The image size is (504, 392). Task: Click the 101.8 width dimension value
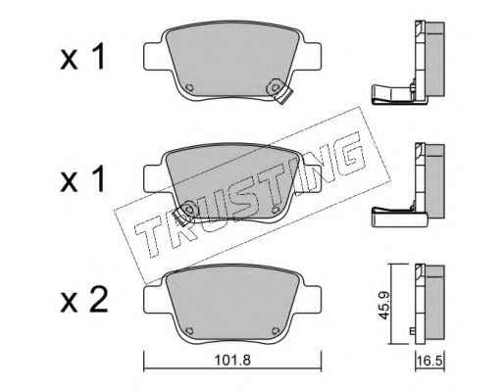(232, 361)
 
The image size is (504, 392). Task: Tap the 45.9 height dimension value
(385, 305)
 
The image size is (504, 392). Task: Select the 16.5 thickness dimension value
(429, 362)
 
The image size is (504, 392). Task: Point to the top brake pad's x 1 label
(83, 57)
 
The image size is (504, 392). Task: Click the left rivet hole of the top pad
(189, 88)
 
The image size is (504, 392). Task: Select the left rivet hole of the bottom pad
(189, 330)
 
